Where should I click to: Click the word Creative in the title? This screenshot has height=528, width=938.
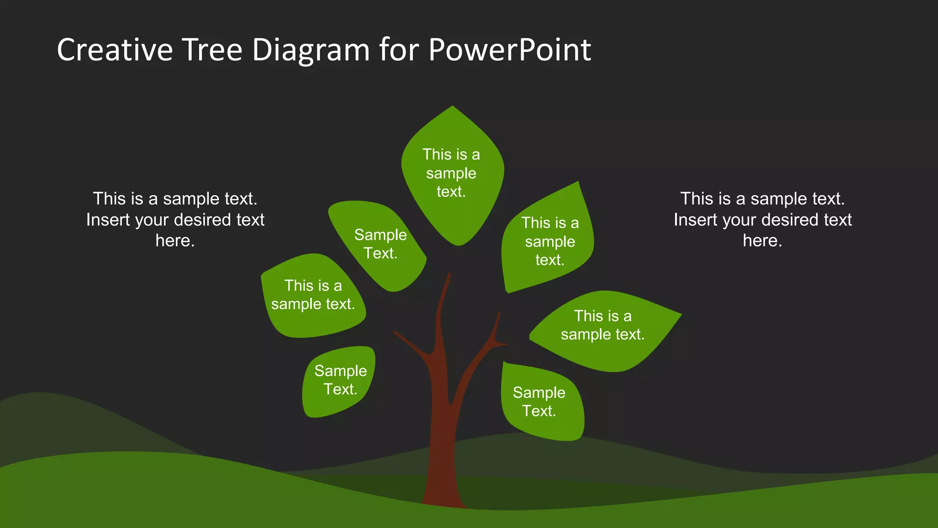pos(115,49)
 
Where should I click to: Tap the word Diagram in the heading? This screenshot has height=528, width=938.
pos(311,49)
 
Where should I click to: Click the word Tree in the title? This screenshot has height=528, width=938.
pos(212,49)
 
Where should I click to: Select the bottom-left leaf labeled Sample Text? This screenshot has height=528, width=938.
pos(339,380)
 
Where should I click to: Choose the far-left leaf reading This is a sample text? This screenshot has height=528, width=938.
pos(313,296)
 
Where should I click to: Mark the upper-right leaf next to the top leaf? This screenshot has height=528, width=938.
pos(550,241)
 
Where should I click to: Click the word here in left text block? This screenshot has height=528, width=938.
pos(175,241)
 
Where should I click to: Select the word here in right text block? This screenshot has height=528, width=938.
pos(762,241)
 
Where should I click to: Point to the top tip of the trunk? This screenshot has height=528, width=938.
pos(449,275)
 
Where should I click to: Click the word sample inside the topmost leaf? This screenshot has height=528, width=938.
pos(451,174)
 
